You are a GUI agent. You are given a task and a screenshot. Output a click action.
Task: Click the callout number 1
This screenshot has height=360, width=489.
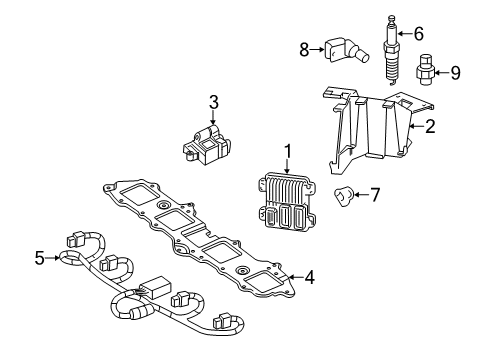coord(287,151)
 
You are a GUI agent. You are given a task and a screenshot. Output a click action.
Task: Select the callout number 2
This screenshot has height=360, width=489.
coord(430,127)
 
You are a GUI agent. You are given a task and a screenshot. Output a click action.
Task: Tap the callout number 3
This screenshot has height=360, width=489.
coord(213,102)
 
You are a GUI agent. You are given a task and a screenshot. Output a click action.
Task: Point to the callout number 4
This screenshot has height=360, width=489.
coord(310,277)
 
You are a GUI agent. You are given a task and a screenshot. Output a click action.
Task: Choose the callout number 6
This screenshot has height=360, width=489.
coord(418,33)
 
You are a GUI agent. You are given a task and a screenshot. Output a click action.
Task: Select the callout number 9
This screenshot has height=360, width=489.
coord(455,71)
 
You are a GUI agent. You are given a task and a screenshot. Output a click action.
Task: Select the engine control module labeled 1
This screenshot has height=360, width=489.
coord(287,201)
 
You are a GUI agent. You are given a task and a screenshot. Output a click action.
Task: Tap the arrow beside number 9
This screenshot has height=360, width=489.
coord(442,71)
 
